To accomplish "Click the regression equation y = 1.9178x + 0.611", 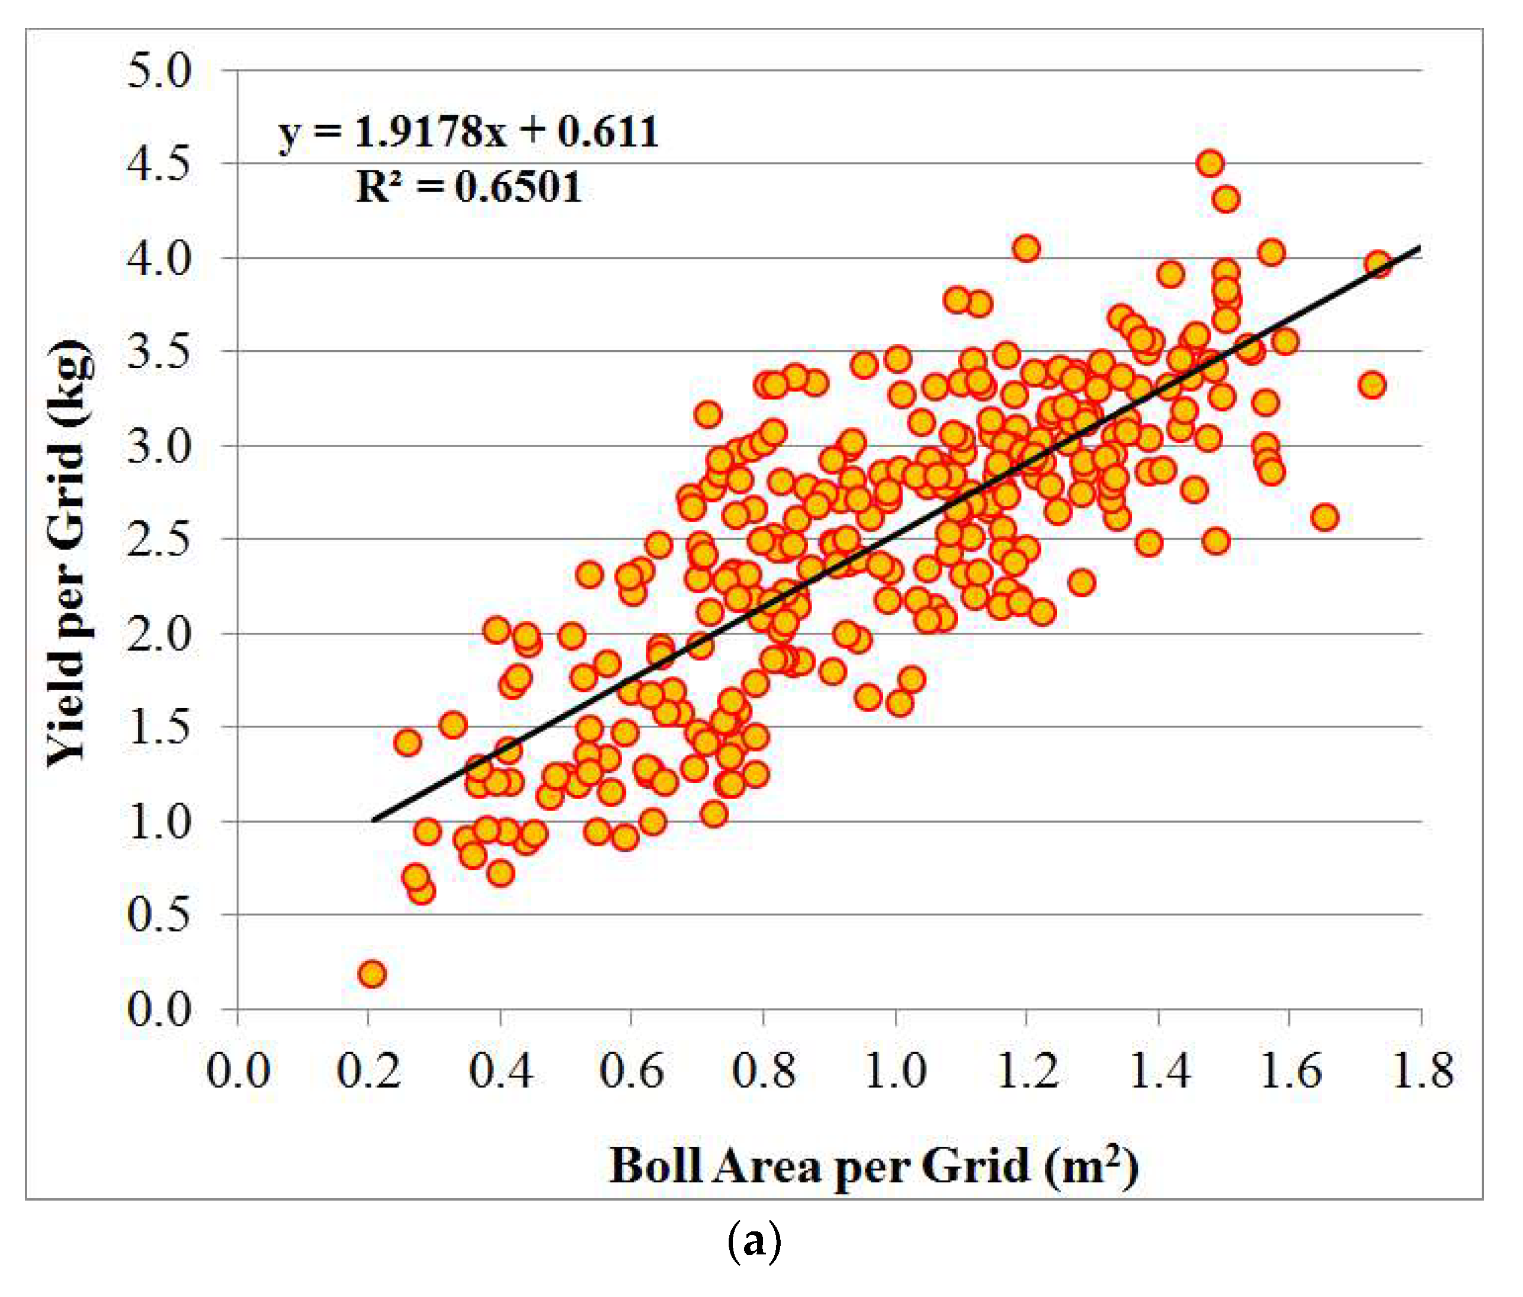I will (x=468, y=133).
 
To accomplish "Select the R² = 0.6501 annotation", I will (x=468, y=187).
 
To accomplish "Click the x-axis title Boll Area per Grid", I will (x=873, y=1166).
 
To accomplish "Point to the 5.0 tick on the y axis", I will (x=159, y=72).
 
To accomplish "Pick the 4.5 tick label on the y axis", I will (x=159, y=164).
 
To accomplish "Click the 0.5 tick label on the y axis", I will (x=159, y=915).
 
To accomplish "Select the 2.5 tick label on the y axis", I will (x=159, y=539).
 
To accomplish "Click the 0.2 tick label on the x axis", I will (x=368, y=1070).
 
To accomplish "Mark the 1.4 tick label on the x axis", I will (x=1159, y=1070).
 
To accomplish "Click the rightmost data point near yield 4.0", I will (x=1378, y=264).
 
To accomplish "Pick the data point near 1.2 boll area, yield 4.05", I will (x=1027, y=249).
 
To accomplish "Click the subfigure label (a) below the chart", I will (x=754, y=1243).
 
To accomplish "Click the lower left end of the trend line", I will (x=373, y=820).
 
